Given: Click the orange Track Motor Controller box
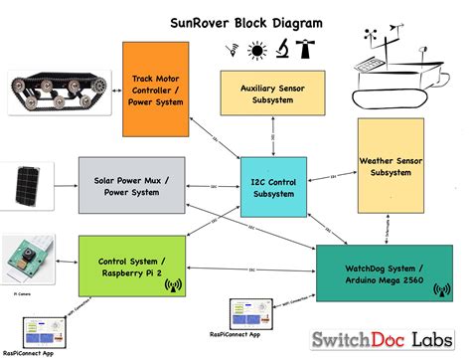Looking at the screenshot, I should (155, 90).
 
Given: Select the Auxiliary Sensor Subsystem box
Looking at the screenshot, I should (265, 94).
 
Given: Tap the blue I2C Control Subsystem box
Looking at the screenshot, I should (274, 188).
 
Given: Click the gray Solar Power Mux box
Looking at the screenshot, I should (132, 186).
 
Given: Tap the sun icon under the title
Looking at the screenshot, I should (255, 49).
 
